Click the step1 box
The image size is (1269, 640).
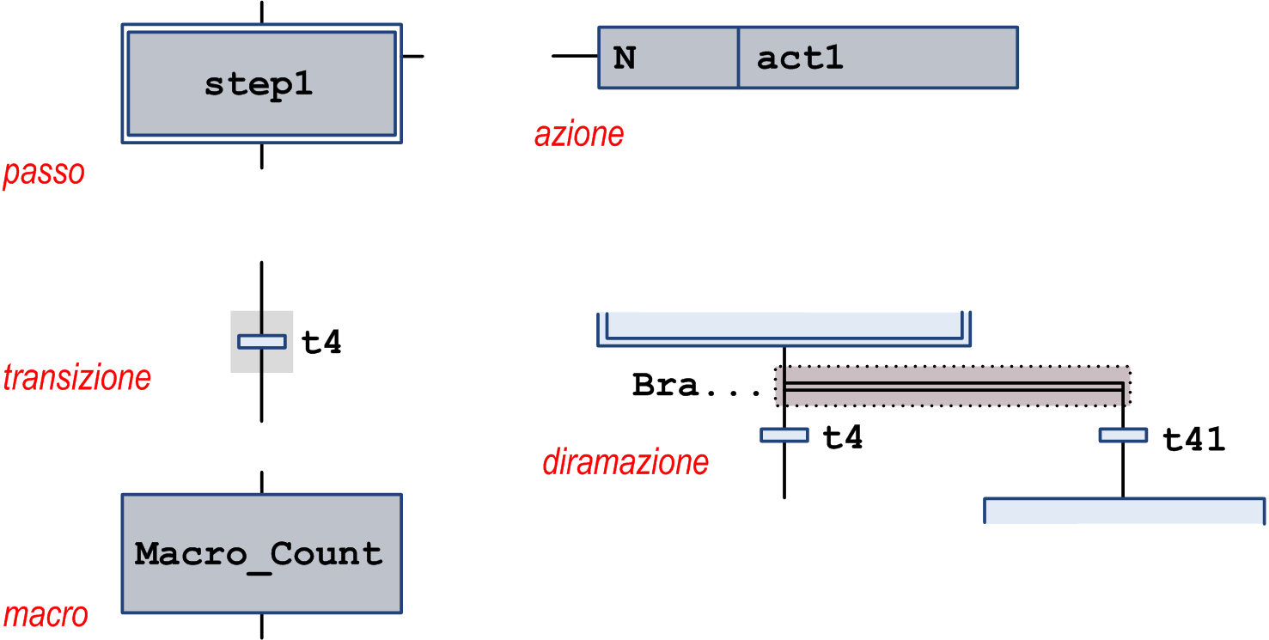pyautogui.click(x=261, y=84)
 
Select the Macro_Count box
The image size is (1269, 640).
pyautogui.click(x=261, y=553)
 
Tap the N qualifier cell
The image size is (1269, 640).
pyautogui.click(x=668, y=58)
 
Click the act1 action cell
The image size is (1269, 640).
pyautogui.click(x=877, y=58)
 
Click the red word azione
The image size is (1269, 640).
pyautogui.click(x=579, y=135)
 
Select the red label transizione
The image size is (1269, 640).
pyautogui.click(x=77, y=377)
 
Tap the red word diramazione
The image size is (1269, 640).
pyautogui.click(x=625, y=463)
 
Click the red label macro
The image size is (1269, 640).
pyautogui.click(x=46, y=615)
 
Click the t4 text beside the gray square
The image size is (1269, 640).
pyautogui.click(x=321, y=343)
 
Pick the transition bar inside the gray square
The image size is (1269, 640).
pyautogui.click(x=261, y=342)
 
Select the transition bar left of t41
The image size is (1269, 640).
pyautogui.click(x=1123, y=436)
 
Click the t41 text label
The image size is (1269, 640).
pyautogui.click(x=1193, y=440)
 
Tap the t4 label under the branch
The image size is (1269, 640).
pyautogui.click(x=842, y=438)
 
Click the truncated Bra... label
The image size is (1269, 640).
pyautogui.click(x=697, y=386)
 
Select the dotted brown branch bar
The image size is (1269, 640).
pyautogui.click(x=953, y=387)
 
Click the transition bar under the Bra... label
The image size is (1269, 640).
pyautogui.click(x=784, y=436)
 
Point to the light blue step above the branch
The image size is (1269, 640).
pyautogui.click(x=784, y=327)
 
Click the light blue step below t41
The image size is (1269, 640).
pyautogui.click(x=1124, y=510)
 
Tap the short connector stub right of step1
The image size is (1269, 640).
pyautogui.click(x=413, y=57)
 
